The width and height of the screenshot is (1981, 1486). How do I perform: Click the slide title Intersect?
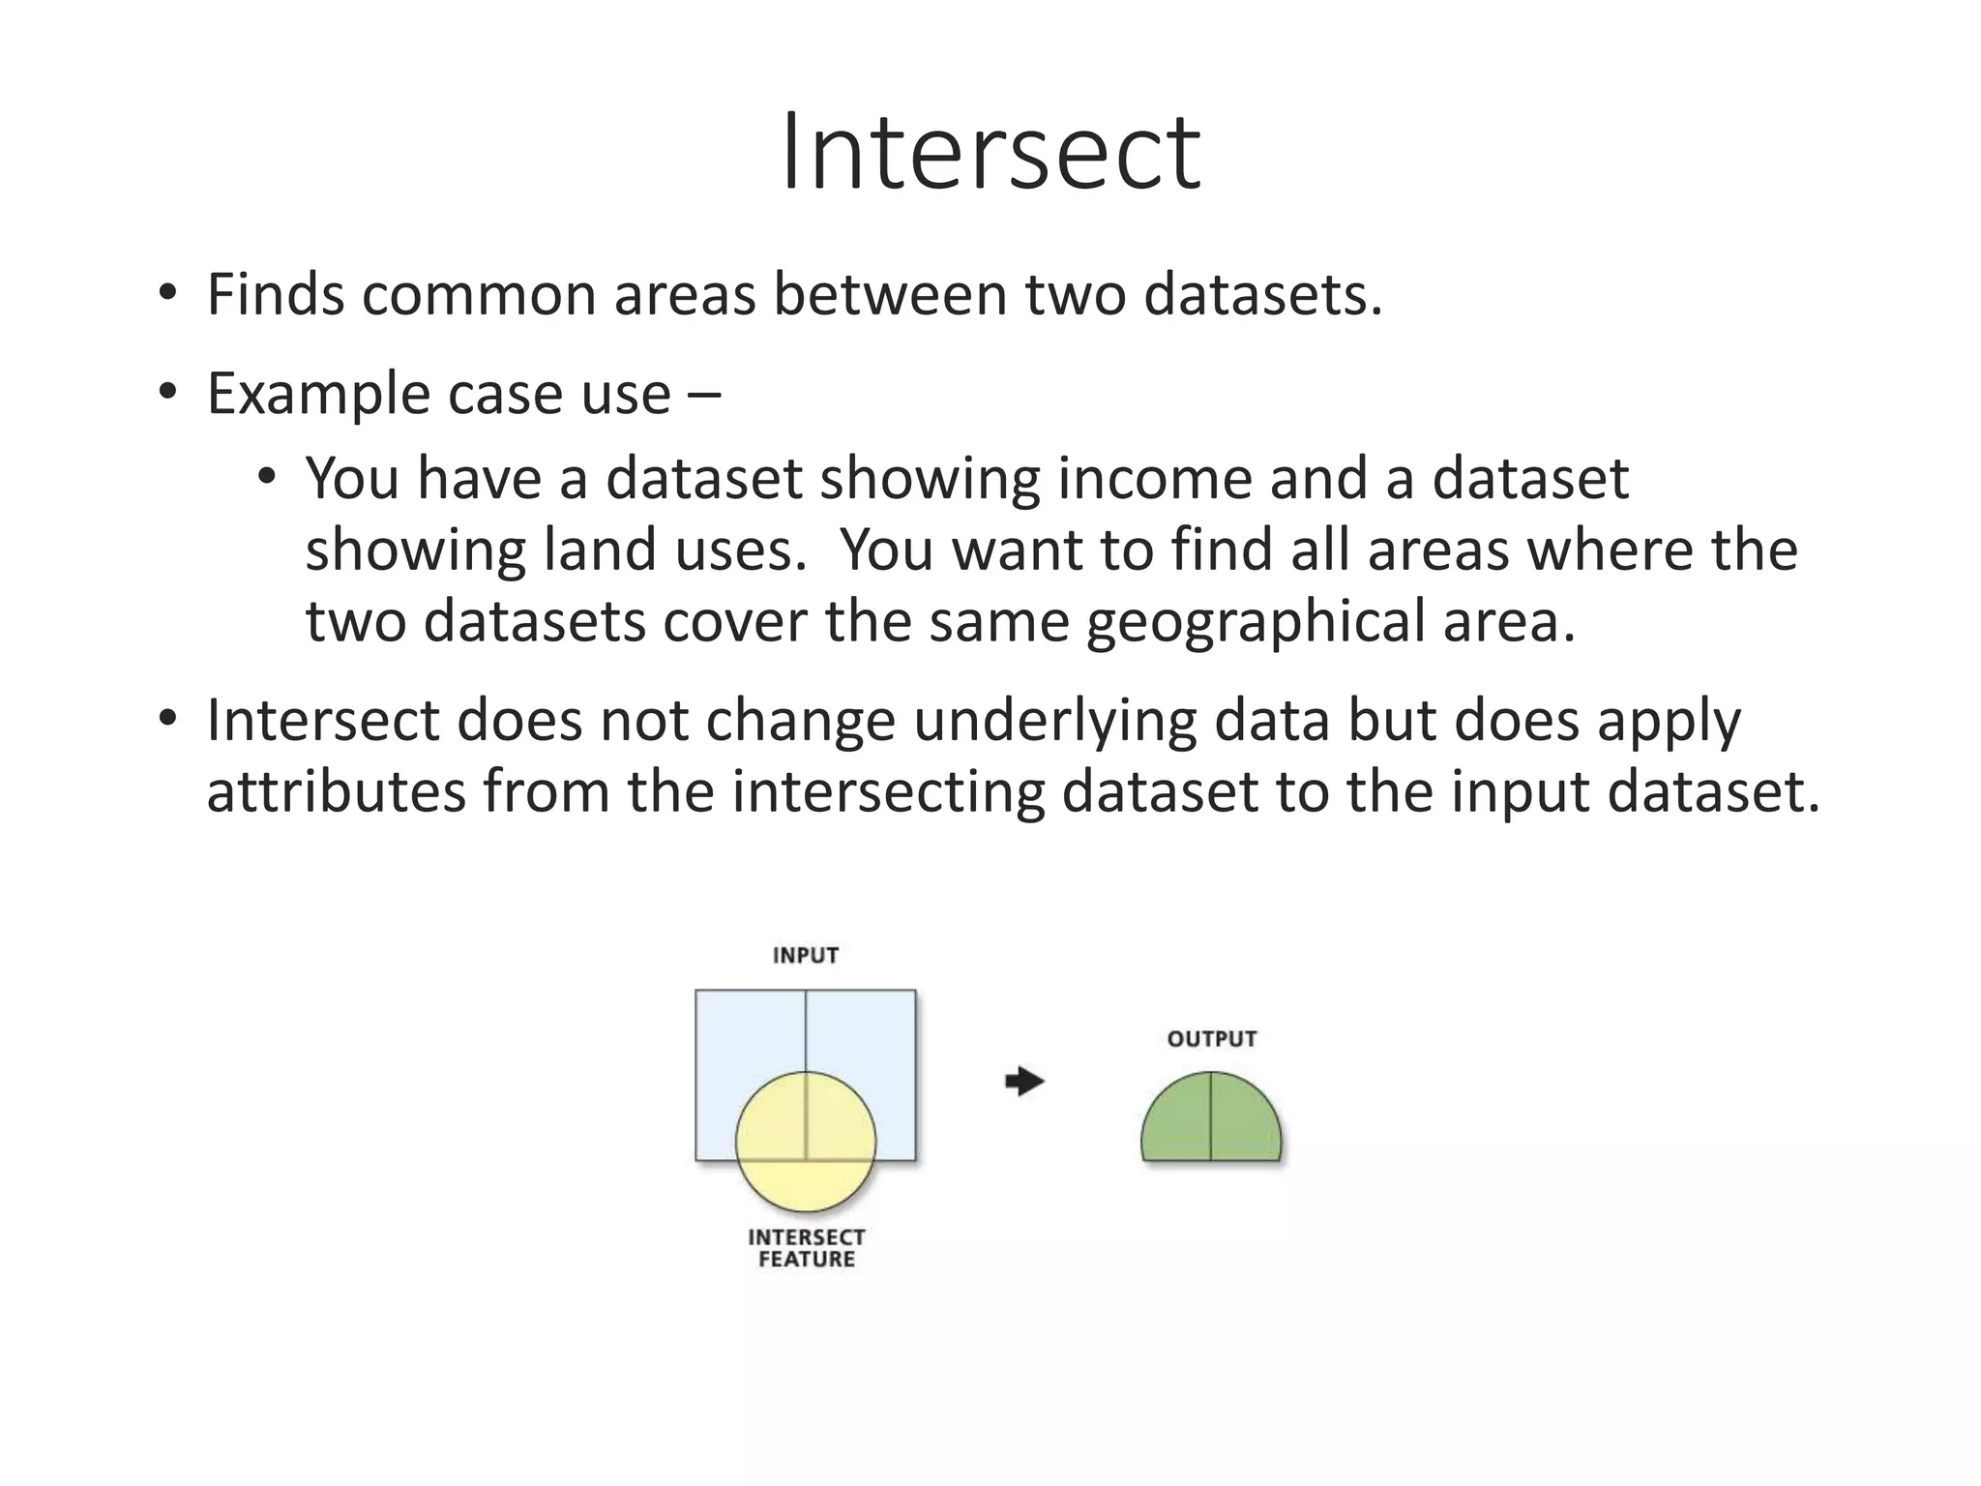coord(990,153)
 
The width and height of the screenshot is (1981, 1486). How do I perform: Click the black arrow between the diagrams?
coord(1024,1081)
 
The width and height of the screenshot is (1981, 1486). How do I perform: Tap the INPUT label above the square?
coord(806,956)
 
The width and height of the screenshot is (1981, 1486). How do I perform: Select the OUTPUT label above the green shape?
coord(1211,1039)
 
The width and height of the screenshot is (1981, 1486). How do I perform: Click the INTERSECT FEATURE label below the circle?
coord(806,1248)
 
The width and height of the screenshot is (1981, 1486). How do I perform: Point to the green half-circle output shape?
coord(1211,1122)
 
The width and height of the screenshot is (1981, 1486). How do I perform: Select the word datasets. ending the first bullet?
coord(1262,294)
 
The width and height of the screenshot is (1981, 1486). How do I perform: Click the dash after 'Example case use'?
coord(704,396)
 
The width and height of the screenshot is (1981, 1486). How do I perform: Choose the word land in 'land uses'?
coord(586,550)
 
